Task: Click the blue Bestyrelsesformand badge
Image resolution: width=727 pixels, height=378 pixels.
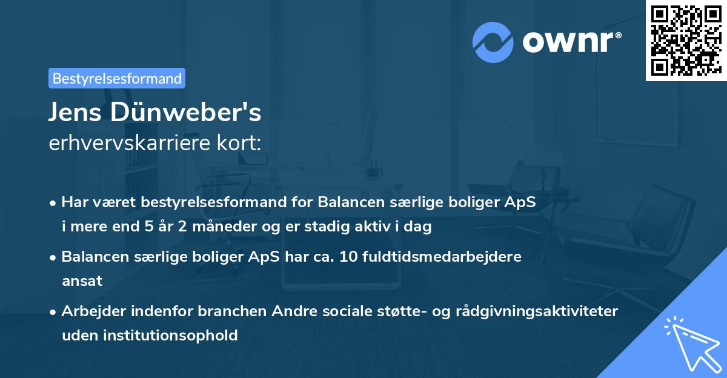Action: pyautogui.click(x=117, y=78)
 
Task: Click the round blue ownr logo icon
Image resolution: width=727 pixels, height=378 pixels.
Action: pyautogui.click(x=493, y=42)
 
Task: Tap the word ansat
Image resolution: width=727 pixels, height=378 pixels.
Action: pyautogui.click(x=82, y=281)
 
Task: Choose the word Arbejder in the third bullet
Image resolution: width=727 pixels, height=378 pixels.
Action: pyautogui.click(x=89, y=311)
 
